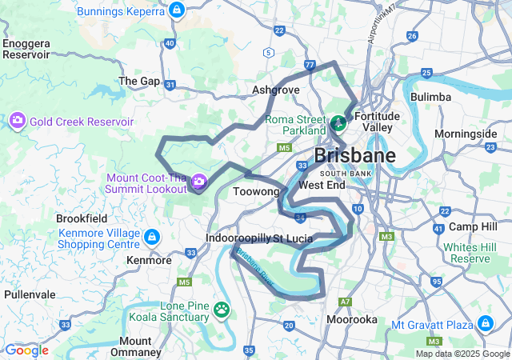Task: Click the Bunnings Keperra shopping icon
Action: coord(177,10)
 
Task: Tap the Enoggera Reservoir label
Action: coord(26,49)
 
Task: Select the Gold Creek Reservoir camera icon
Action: coord(17,121)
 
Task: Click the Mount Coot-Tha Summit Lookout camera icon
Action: coord(198,182)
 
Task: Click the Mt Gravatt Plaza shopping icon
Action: coord(485,324)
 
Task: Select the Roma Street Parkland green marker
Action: coord(338,122)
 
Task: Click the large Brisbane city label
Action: coord(354,155)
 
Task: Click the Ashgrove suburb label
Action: coord(275,90)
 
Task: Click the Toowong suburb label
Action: coord(256,192)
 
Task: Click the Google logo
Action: coord(26,350)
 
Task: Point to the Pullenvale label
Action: coord(29,294)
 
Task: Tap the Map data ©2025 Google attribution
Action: coord(462,354)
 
